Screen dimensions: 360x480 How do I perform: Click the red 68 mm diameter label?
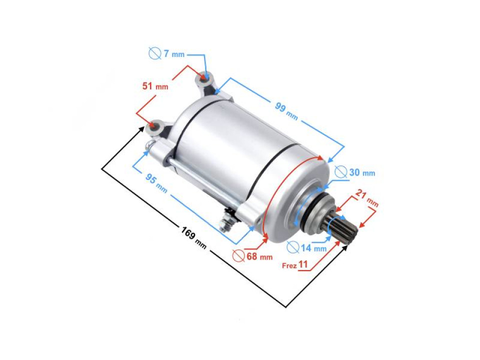coord(259,256)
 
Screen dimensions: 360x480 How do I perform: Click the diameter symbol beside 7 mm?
coord(154,53)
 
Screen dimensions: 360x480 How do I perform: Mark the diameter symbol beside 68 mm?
coord(239,256)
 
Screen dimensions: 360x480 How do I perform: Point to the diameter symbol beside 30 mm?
coord(340,172)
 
